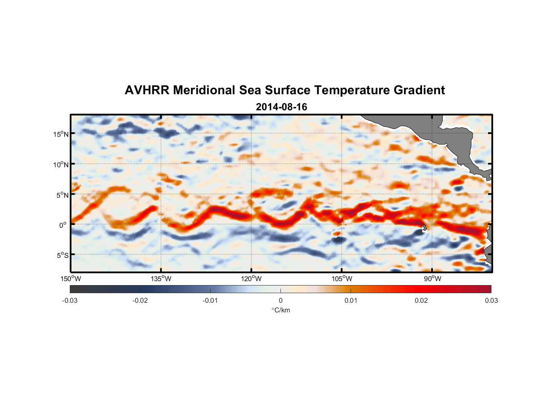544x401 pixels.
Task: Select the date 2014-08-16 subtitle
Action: click(281, 107)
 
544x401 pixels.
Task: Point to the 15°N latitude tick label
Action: click(61, 134)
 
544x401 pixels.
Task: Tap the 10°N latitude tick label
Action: click(61, 164)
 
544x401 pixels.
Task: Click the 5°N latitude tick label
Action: click(62, 195)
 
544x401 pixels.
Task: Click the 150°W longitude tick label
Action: click(71, 279)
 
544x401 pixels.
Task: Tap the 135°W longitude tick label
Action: click(161, 279)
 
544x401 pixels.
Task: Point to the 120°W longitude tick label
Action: click(252, 279)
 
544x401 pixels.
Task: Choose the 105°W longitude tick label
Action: click(342, 279)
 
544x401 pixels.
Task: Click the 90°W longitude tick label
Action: click(432, 279)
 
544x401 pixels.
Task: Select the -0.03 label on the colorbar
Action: click(70, 300)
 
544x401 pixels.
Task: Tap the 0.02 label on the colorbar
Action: click(421, 300)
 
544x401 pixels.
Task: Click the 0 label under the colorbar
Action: click(280, 300)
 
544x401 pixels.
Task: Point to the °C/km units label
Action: click(280, 310)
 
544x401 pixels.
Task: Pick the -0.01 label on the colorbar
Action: click(210, 300)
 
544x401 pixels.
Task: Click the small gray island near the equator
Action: click(424, 227)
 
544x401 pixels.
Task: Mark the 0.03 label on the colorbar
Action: click(491, 300)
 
